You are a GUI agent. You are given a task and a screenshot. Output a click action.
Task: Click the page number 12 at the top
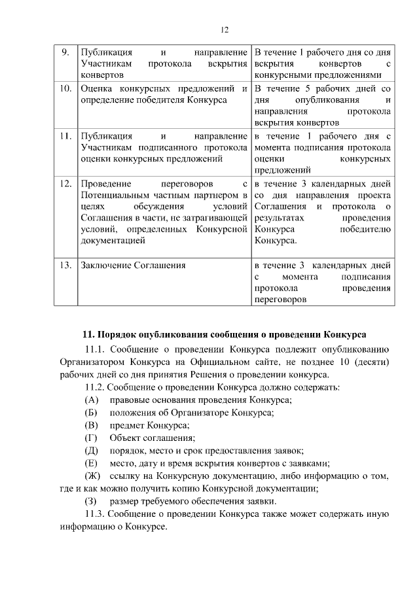224,29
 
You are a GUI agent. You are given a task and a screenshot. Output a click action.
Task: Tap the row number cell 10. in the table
64,88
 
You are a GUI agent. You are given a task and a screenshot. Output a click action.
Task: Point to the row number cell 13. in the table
64,266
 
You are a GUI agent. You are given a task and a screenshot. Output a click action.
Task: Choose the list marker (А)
92,400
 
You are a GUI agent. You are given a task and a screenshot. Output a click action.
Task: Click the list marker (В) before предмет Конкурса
92,425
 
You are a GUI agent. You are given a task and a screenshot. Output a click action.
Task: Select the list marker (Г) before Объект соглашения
91,437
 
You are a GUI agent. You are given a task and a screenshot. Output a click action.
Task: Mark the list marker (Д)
92,449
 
